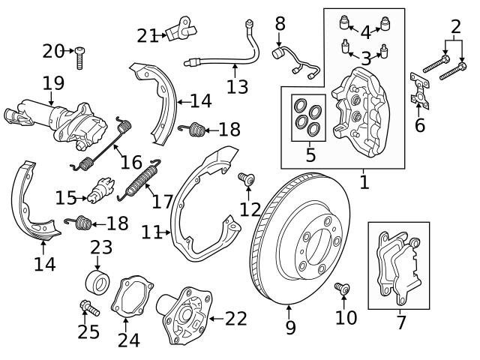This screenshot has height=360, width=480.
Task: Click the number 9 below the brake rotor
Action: click(x=290, y=328)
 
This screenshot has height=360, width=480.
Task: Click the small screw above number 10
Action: click(x=343, y=287)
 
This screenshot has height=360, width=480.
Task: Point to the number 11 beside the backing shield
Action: click(x=152, y=232)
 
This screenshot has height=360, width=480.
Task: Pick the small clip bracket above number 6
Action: click(x=418, y=88)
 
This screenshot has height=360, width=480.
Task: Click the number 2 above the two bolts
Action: click(x=455, y=29)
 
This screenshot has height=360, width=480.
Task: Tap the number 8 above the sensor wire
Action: click(x=280, y=23)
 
